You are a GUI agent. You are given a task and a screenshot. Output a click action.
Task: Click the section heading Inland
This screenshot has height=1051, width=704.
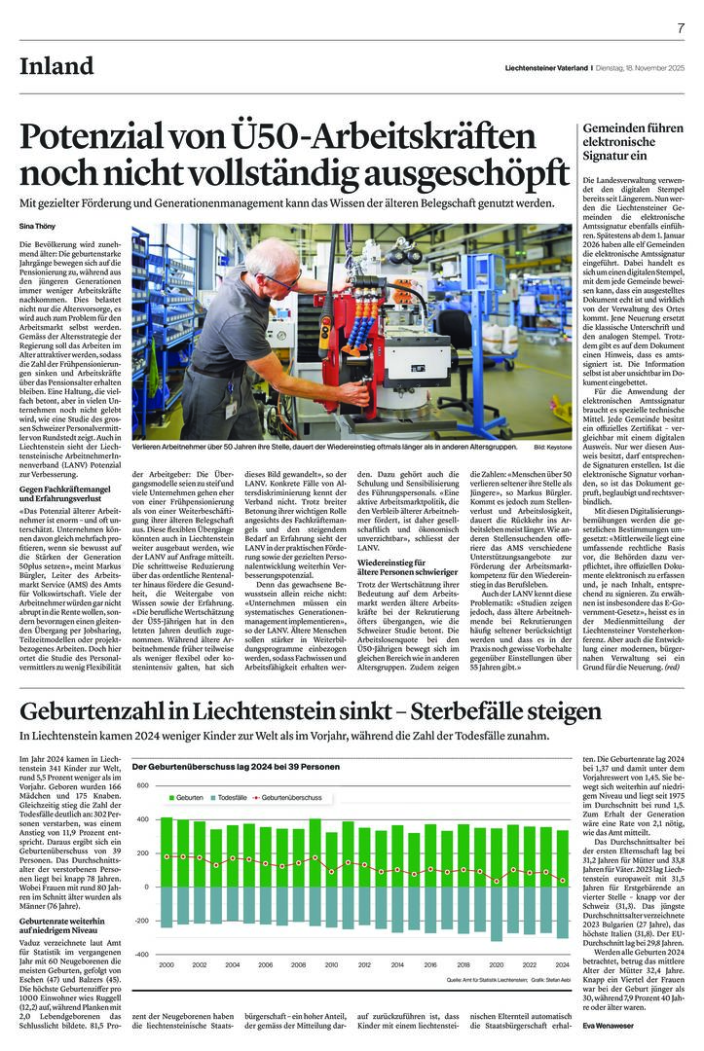tap(57, 67)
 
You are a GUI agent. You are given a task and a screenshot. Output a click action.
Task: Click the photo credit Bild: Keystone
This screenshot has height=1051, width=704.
tap(552, 447)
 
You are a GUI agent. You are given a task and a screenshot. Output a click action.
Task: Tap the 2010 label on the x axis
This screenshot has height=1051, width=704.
tap(331, 964)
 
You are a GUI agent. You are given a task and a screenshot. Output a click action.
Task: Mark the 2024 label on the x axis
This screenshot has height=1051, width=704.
tap(562, 964)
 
